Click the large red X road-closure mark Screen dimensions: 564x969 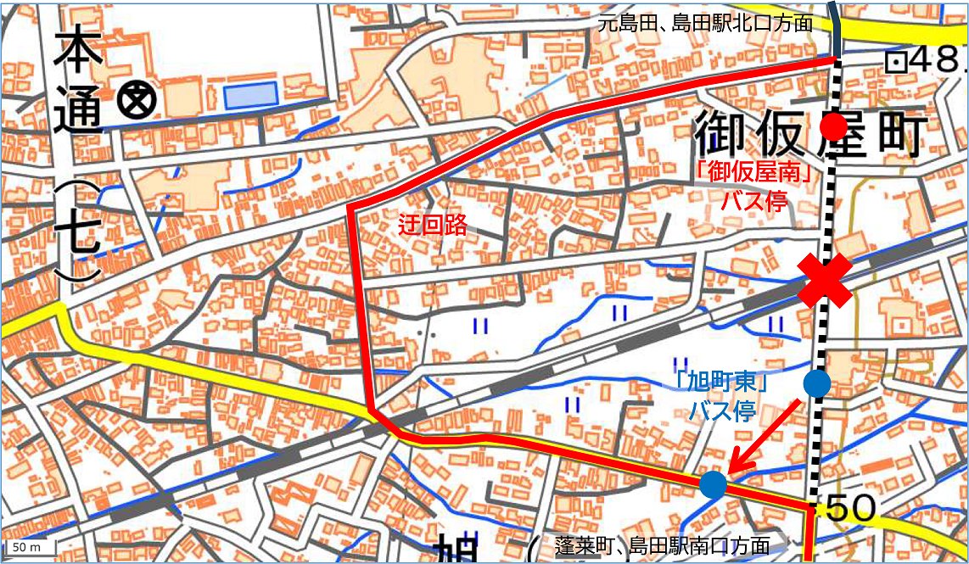pos(824,282)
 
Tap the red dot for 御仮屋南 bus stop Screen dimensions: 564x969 pos(834,127)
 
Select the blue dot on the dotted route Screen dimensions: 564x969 pos(817,383)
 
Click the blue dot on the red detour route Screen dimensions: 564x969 pos(714,485)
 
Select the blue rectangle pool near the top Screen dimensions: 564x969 pos(251,96)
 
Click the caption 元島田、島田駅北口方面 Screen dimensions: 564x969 pos(704,23)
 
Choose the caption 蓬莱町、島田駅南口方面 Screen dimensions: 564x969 pos(661,545)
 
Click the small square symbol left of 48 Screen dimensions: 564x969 pos(894,61)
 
